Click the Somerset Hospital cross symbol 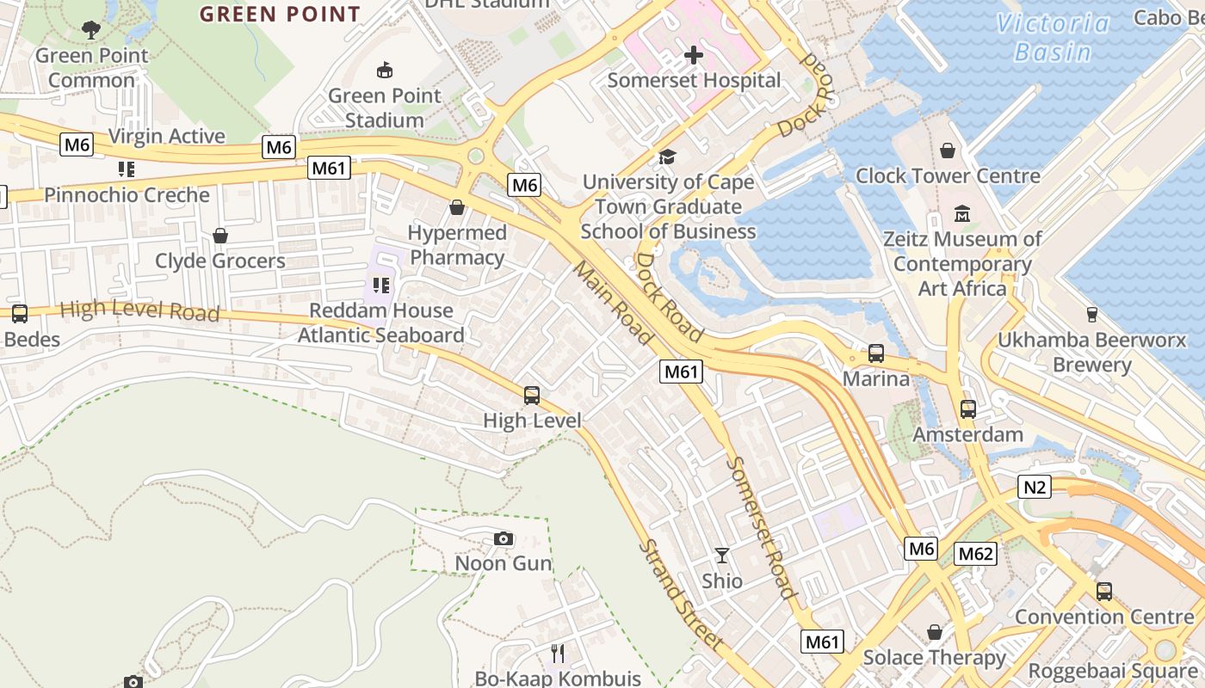pyautogui.click(x=693, y=56)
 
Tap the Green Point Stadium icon pyautogui.click(x=385, y=71)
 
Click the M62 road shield pyautogui.click(x=975, y=554)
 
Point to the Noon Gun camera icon pyautogui.click(x=504, y=539)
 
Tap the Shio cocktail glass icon pyautogui.click(x=721, y=556)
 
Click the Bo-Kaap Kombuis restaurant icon pyautogui.click(x=558, y=654)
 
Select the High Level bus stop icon pyautogui.click(x=532, y=396)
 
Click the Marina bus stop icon pyautogui.click(x=876, y=353)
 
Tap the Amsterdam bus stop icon pyautogui.click(x=968, y=409)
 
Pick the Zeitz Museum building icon pyautogui.click(x=962, y=213)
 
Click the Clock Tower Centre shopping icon pyautogui.click(x=948, y=150)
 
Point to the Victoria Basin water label pyautogui.click(x=1053, y=37)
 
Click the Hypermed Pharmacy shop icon pyautogui.click(x=457, y=207)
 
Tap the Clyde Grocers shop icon pyautogui.click(x=220, y=236)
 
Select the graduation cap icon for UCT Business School pyautogui.click(x=667, y=157)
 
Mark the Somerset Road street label pyautogui.click(x=761, y=526)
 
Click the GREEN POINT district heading pyautogui.click(x=280, y=15)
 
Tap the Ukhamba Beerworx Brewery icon pyautogui.click(x=1092, y=315)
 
